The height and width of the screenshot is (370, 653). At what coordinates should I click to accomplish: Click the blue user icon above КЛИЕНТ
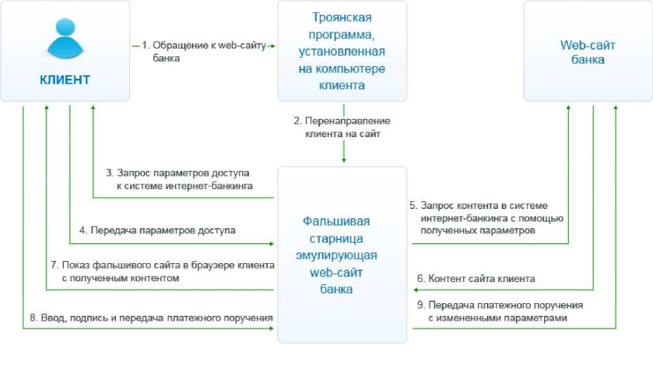[65, 38]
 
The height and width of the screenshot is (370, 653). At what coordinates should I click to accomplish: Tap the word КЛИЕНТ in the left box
[65, 79]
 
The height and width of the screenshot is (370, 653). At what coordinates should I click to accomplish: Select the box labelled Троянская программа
[342, 51]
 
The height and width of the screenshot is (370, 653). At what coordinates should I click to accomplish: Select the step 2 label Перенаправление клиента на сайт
[342, 127]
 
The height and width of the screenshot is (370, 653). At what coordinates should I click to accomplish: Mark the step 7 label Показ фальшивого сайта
[162, 271]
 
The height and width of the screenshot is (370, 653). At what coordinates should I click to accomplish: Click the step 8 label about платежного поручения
[151, 317]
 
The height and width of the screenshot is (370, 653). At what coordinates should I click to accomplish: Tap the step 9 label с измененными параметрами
[499, 312]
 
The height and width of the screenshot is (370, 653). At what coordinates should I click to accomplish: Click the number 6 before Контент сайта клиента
[420, 279]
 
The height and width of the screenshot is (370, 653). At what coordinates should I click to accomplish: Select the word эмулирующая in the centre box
[342, 255]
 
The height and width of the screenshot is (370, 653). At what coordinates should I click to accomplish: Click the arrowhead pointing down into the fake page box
[343, 160]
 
